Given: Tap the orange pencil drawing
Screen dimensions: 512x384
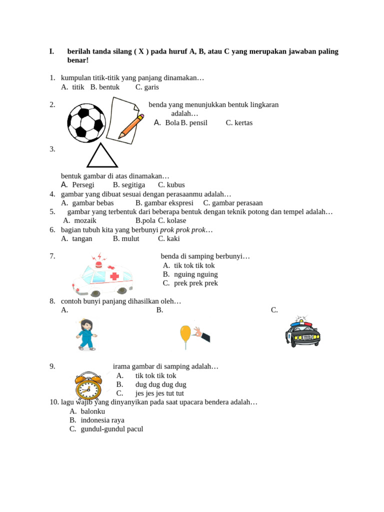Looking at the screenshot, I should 131,126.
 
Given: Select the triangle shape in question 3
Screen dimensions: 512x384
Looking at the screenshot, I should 102,156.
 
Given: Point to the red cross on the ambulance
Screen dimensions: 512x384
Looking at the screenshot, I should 114,276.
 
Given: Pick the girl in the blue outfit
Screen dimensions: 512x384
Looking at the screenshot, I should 86,334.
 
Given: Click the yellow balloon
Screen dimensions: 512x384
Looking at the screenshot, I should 185,332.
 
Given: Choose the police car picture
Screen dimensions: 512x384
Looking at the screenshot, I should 302,331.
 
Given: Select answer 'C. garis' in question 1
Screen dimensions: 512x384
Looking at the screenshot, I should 147,87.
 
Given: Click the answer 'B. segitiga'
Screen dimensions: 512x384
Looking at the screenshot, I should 129,184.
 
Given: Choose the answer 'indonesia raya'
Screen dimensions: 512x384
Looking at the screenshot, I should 102,420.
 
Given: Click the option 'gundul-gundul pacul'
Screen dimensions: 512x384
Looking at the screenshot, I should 111,429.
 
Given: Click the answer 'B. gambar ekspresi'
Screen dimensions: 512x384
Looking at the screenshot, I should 164,203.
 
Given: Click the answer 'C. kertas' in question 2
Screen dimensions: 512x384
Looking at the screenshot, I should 239,122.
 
